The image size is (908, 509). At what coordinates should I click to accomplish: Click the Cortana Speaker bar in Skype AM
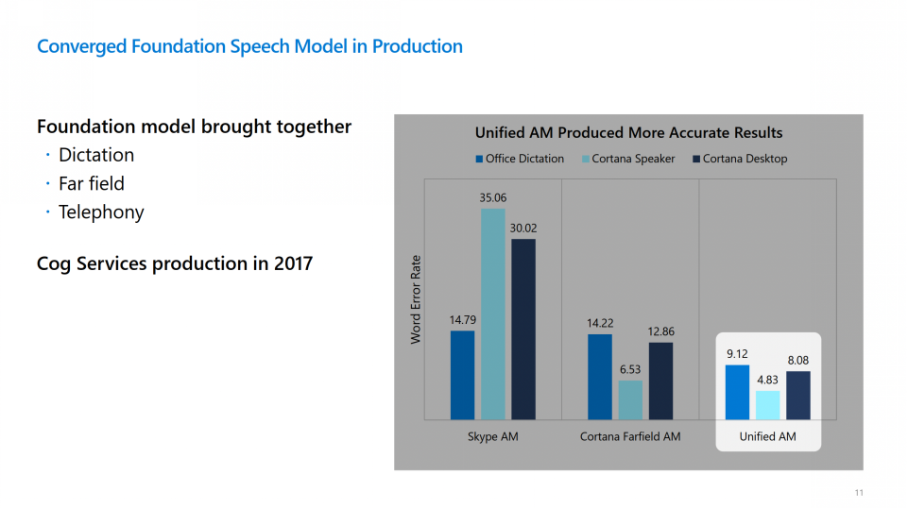click(493, 314)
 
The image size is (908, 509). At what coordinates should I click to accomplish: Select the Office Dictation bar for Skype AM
click(462, 374)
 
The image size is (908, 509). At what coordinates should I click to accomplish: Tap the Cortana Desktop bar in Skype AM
click(523, 329)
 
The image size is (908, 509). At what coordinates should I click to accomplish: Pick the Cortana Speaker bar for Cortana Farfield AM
click(630, 399)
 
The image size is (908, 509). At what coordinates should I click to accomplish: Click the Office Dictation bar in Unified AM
click(737, 392)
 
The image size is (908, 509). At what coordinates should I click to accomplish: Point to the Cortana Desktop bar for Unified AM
click(798, 395)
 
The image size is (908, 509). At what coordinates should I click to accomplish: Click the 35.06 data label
click(493, 198)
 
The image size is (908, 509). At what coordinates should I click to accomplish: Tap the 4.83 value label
click(767, 380)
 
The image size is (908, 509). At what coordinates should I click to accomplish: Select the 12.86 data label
click(661, 331)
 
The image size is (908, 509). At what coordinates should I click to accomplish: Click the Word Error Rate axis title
click(416, 299)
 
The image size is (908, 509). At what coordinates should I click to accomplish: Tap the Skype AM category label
click(493, 436)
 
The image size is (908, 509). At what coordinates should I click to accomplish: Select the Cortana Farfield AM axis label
click(630, 436)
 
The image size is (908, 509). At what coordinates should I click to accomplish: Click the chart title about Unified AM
click(628, 133)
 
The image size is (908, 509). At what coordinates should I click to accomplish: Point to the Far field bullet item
click(92, 183)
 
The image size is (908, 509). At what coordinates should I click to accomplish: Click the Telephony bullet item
click(101, 212)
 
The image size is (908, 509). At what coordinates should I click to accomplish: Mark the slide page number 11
click(859, 492)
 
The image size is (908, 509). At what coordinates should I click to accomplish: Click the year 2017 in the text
click(293, 263)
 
